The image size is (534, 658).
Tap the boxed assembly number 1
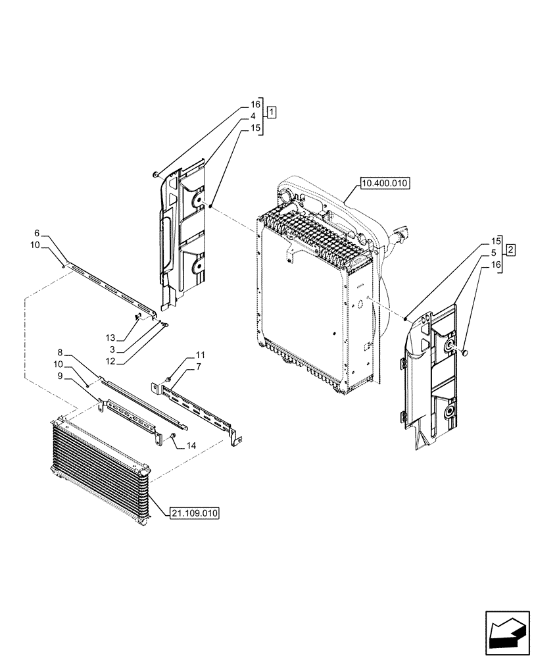pyautogui.click(x=272, y=111)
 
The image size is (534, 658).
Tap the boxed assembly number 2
pyautogui.click(x=510, y=249)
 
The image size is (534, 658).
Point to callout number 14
pyautogui.click(x=191, y=445)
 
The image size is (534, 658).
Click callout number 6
pyautogui.click(x=37, y=234)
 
